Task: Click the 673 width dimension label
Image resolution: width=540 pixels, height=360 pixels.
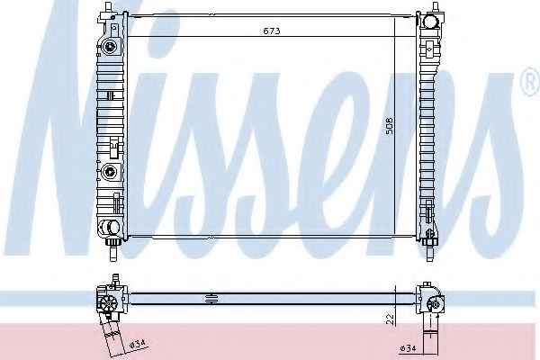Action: click(x=272, y=31)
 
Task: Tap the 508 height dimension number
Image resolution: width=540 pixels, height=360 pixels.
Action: click(x=389, y=126)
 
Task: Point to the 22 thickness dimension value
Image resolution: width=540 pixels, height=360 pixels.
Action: click(x=391, y=319)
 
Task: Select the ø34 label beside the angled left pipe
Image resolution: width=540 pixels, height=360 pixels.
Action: click(x=138, y=344)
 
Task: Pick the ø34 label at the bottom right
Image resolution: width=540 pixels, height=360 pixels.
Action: click(x=408, y=348)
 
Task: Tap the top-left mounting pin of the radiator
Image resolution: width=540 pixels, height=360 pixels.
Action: click(x=109, y=7)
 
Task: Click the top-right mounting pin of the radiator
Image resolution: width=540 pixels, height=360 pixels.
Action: click(x=435, y=7)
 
